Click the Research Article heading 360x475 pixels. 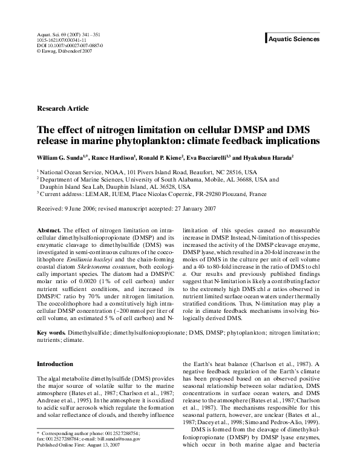point(63,108)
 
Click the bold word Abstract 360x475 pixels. point(48,231)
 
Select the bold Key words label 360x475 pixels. point(51,333)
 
